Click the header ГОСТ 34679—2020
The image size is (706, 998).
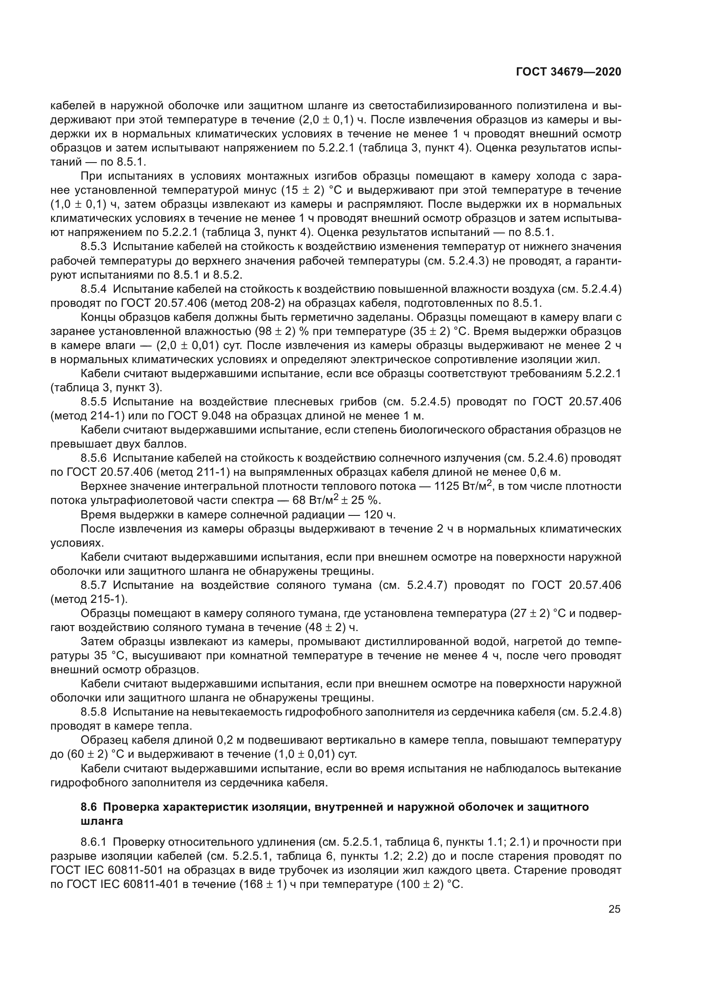tap(568, 72)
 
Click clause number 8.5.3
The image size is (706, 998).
tap(93, 247)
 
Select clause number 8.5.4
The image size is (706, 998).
tap(93, 289)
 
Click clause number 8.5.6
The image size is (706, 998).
tap(93, 458)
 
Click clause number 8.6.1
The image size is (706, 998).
tap(93, 842)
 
